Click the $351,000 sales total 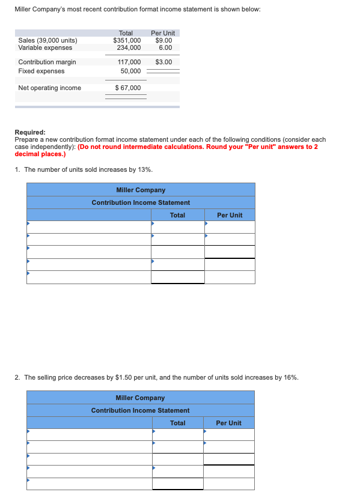pyautogui.click(x=127, y=40)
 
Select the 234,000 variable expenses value pyautogui.click(x=129, y=47)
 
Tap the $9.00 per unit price pyautogui.click(x=163, y=40)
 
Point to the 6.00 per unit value pyautogui.click(x=165, y=47)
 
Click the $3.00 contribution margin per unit pyautogui.click(x=163, y=62)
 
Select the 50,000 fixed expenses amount pyautogui.click(x=130, y=71)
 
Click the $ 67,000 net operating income pyautogui.click(x=127, y=88)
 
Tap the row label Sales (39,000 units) pyautogui.click(x=47, y=40)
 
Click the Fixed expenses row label pyautogui.click(x=41, y=71)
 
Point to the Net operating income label pyautogui.click(x=49, y=88)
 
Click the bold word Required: pyautogui.click(x=30, y=133)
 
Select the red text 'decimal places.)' pyautogui.click(x=39, y=153)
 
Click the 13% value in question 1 pyautogui.click(x=145, y=169)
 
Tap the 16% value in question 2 pyautogui.click(x=291, y=377)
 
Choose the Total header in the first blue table pyautogui.click(x=177, y=215)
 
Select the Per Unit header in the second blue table pyautogui.click(x=228, y=423)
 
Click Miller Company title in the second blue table pyautogui.click(x=140, y=398)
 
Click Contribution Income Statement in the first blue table pyautogui.click(x=141, y=202)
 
